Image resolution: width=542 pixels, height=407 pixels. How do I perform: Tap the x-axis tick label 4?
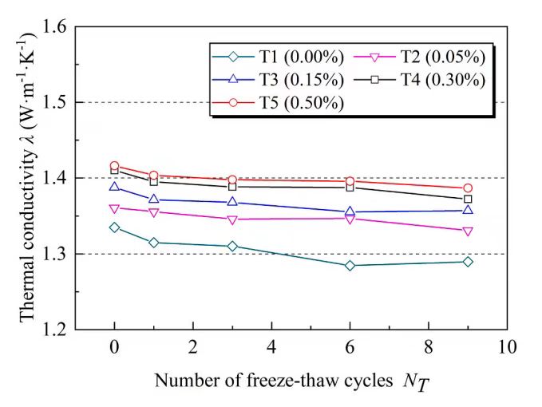coord(271,347)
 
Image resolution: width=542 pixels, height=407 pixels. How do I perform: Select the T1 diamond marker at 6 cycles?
coord(350,265)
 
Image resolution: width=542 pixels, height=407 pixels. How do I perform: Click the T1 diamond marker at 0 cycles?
coord(114,227)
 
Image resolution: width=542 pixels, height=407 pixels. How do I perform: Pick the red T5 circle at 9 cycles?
coord(468,188)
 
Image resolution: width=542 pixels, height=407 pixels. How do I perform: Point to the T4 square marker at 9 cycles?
coord(468,199)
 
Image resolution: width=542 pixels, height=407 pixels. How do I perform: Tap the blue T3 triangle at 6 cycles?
coord(350,211)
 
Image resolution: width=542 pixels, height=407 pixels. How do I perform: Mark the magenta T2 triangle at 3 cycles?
coord(232,219)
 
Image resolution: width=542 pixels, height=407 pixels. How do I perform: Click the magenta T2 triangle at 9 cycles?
coord(468,231)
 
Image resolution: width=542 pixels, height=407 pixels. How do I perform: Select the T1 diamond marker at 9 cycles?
coord(468,262)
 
